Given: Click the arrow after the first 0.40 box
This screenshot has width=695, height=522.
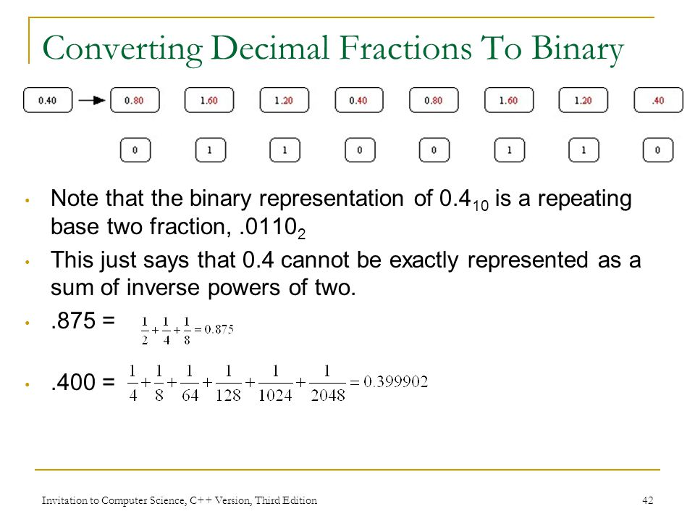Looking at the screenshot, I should (x=92, y=101).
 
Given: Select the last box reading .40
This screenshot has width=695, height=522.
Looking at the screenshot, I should (x=658, y=101).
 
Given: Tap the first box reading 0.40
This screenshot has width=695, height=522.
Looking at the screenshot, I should (x=47, y=101).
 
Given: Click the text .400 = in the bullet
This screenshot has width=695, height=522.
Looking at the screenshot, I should (x=82, y=383).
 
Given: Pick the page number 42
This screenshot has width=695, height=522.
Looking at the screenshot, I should (x=648, y=500).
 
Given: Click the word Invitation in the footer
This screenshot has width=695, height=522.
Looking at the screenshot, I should (x=61, y=500).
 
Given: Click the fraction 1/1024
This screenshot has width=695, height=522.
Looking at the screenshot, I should (x=276, y=383).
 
